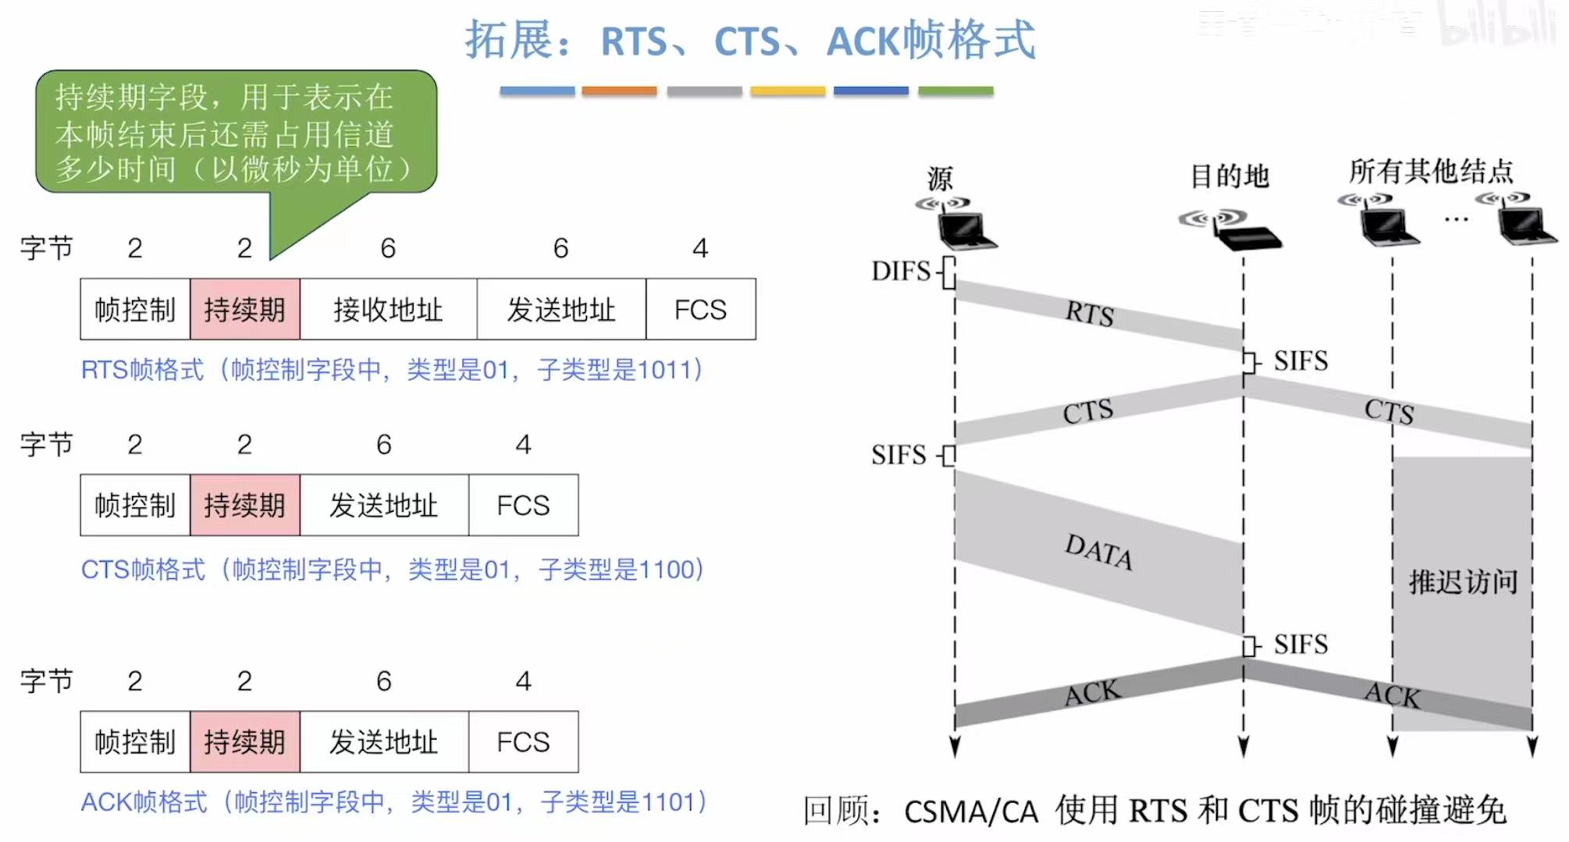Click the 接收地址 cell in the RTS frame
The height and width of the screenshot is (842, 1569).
coord(388,310)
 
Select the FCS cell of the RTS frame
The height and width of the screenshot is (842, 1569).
coord(700,310)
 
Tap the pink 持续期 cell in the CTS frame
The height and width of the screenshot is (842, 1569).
coord(244,506)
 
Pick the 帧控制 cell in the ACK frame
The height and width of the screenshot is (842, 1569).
coord(135,742)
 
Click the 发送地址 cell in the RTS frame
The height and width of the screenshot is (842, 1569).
coord(561,310)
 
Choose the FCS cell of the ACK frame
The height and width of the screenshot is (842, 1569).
coord(523,742)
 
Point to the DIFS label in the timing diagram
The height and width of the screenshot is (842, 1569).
coord(901,272)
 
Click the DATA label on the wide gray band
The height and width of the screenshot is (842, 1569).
coord(1099,552)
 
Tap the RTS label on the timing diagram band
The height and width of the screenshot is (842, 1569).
coord(1090,314)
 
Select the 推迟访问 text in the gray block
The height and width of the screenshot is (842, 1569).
coord(1463,582)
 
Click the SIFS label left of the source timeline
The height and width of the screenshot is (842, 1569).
coord(898,455)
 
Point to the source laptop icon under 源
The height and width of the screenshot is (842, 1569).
coord(965,230)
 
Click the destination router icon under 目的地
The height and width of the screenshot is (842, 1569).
coord(1245,234)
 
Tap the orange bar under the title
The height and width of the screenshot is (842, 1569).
coord(619,91)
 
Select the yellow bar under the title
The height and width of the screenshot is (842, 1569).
coord(788,91)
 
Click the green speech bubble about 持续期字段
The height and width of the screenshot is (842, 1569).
coord(235,133)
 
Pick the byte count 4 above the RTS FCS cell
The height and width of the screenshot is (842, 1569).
coord(700,248)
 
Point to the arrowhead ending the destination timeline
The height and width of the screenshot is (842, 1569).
coord(1243,746)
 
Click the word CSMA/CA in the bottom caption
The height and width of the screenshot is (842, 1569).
coord(971,812)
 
